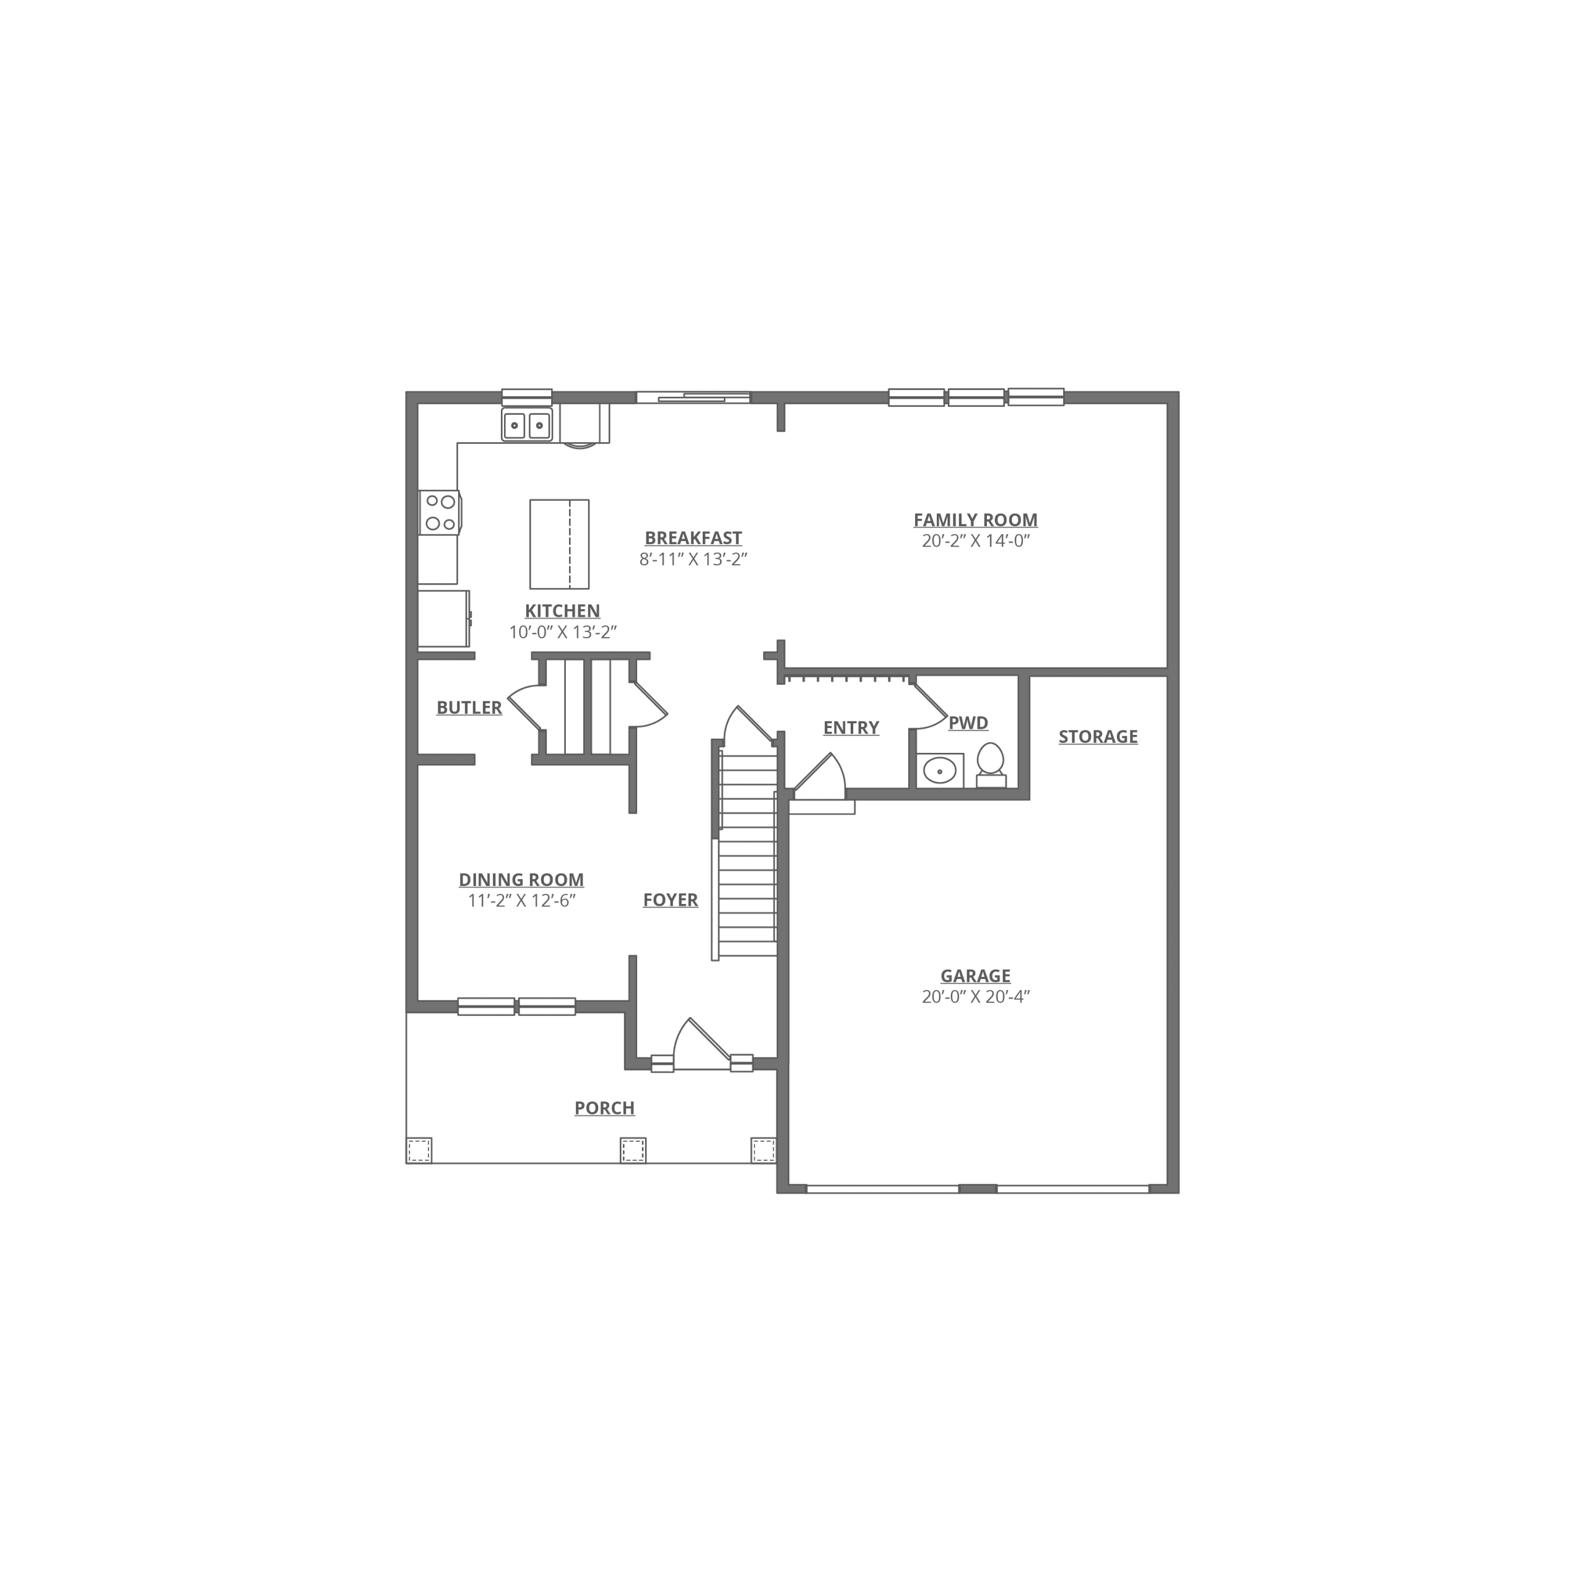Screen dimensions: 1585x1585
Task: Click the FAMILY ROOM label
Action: [x=975, y=520]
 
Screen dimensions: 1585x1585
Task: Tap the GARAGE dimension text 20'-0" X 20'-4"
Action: [x=975, y=997]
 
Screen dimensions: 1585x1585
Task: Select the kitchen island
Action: [x=560, y=544]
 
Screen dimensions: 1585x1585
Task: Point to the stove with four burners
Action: [x=440, y=513]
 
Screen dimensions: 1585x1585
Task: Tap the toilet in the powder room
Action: [x=991, y=765]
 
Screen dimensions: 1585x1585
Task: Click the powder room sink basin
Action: [x=939, y=771]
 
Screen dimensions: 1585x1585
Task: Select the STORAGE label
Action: [x=1098, y=737]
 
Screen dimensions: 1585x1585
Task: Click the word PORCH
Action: [x=605, y=1108]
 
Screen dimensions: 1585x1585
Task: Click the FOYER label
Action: [x=671, y=900]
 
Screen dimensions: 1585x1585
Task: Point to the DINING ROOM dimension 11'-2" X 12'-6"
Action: [x=522, y=901]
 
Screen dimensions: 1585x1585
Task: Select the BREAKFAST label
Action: [x=693, y=538]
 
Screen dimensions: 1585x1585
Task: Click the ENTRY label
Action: [x=851, y=727]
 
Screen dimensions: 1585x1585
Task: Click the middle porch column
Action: [x=633, y=1150]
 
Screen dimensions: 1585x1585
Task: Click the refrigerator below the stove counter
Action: [x=444, y=619]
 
